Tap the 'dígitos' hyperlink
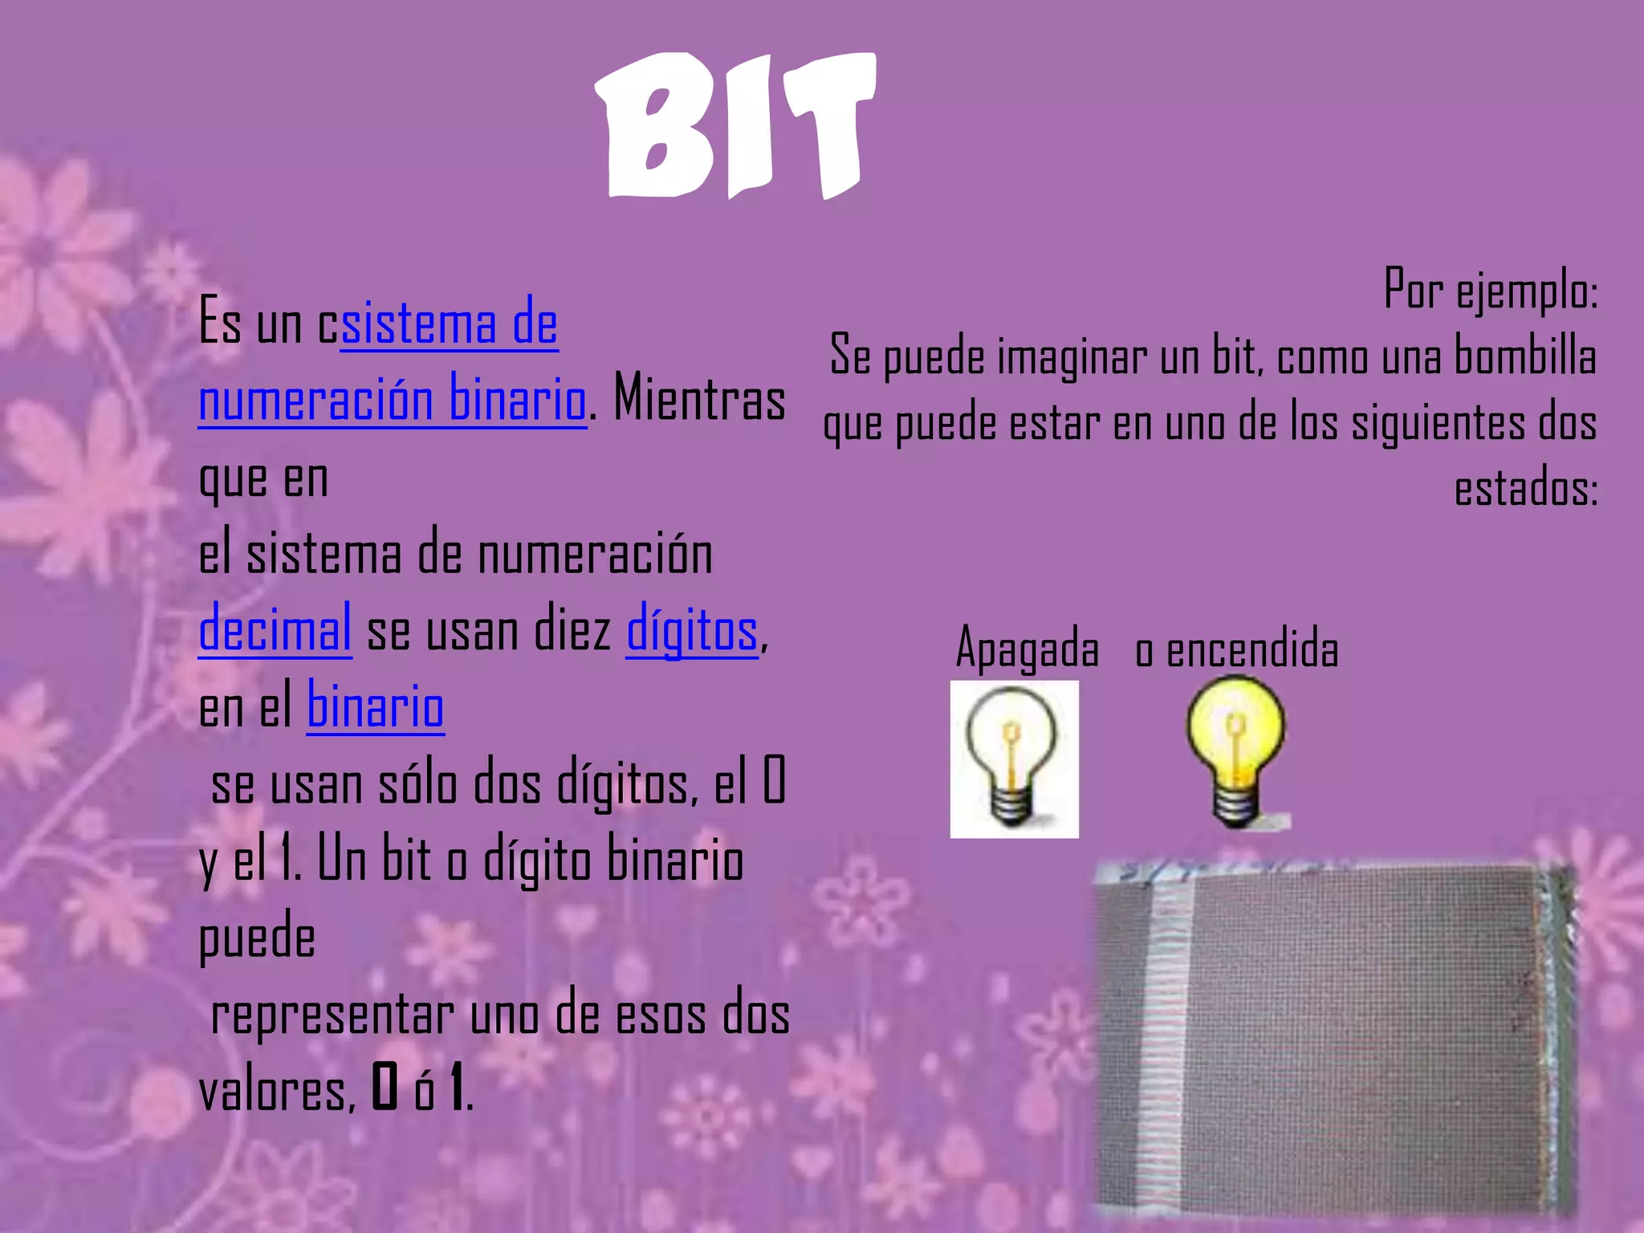pyautogui.click(x=692, y=630)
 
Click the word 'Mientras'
pyautogui.click(x=699, y=399)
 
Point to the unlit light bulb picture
pyautogui.click(x=1014, y=759)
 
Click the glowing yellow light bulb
pyautogui.click(x=1236, y=751)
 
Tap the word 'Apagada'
pyautogui.click(x=1027, y=649)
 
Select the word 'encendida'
pyautogui.click(x=1252, y=650)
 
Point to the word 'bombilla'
pyautogui.click(x=1525, y=356)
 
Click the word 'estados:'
pyautogui.click(x=1526, y=488)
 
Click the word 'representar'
pyautogui.click(x=332, y=1015)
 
